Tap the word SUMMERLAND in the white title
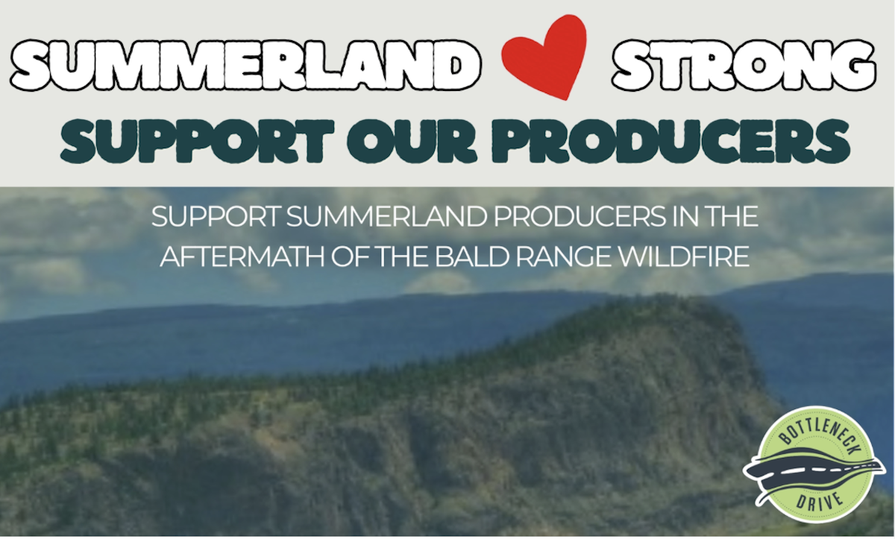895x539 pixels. point(245,65)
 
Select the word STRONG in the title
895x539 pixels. point(744,65)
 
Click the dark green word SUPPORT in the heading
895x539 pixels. point(197,142)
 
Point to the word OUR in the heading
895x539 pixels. point(412,142)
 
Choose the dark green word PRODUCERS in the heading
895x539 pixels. point(671,142)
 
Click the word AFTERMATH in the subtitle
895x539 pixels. point(242,256)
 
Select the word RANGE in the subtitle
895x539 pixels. point(564,256)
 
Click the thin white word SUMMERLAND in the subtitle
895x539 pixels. point(387,217)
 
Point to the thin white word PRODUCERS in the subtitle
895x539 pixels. point(580,217)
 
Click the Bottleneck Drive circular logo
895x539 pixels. point(814,464)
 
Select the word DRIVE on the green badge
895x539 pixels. point(820,501)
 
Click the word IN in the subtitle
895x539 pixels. point(682,217)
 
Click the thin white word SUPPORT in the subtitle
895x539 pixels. point(216,217)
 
